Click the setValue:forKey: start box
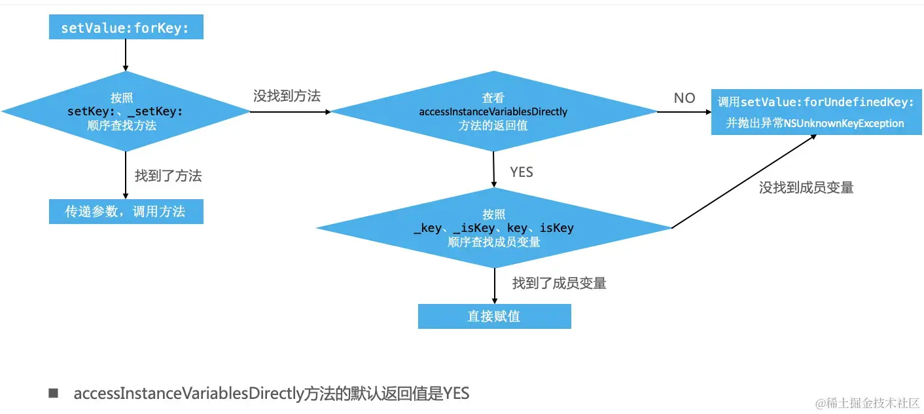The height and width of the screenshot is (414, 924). click(126, 28)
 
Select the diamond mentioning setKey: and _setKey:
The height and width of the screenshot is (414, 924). click(125, 111)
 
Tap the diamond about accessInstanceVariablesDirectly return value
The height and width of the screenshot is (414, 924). click(493, 111)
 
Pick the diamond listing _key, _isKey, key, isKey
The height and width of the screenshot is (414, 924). click(493, 228)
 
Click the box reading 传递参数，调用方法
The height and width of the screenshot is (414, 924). click(126, 212)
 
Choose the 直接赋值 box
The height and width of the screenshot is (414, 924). click(494, 316)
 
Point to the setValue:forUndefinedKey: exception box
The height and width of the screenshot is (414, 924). click(815, 112)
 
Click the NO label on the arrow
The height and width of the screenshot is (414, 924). click(684, 98)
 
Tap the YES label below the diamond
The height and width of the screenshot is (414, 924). click(522, 172)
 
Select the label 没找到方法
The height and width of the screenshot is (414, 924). click(287, 96)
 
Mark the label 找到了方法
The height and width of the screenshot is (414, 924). click(168, 176)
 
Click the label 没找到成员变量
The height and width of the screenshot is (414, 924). click(806, 188)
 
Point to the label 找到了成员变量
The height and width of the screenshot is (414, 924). click(560, 284)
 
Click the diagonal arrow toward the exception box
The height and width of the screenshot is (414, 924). click(743, 181)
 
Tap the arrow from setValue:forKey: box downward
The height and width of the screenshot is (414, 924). click(125, 54)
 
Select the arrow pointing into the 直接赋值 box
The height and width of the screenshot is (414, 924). click(494, 286)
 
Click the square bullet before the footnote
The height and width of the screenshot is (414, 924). click(54, 394)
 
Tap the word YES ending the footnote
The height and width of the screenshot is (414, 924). click(456, 394)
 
